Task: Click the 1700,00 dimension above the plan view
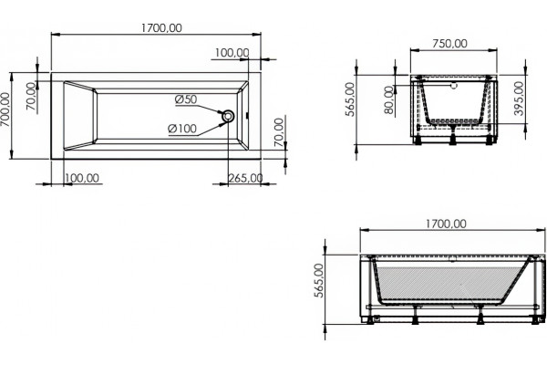161,27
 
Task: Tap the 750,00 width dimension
449,43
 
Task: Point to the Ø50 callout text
186,99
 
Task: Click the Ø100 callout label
182,129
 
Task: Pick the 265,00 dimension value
245,178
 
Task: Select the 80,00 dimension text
389,100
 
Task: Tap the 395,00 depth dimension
519,99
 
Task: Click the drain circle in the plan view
228,116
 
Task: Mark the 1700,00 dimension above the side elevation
446,224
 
